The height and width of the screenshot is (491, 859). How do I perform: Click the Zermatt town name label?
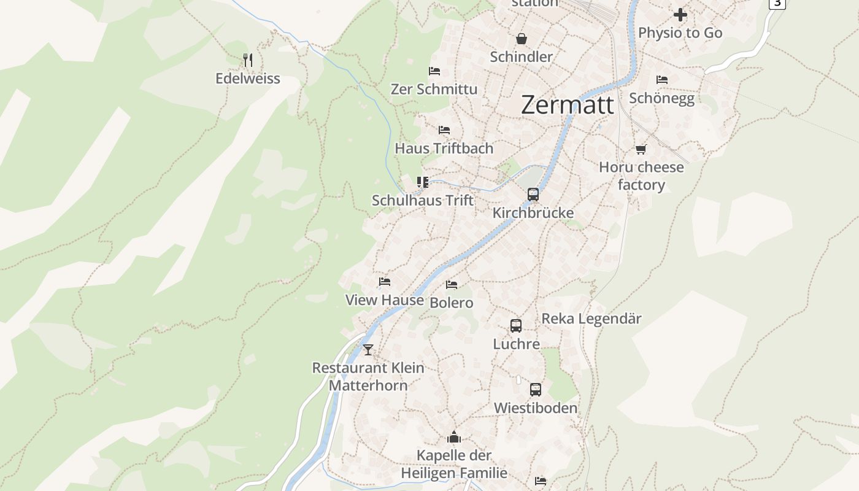click(x=567, y=105)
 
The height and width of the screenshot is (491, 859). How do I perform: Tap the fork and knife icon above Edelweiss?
click(x=248, y=60)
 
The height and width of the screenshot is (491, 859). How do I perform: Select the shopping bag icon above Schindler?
click(x=521, y=39)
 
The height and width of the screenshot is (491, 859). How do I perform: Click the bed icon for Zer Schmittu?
click(x=434, y=71)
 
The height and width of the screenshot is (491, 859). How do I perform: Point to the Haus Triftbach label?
click(x=444, y=149)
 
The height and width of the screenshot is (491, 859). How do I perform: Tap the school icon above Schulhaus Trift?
click(x=422, y=182)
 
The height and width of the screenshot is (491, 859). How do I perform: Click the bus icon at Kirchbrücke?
click(x=533, y=195)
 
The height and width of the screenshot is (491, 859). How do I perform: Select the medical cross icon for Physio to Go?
click(x=680, y=15)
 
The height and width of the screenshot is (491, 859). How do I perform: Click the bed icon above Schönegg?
click(x=661, y=80)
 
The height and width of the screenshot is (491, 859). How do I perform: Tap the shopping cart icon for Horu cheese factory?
click(x=641, y=149)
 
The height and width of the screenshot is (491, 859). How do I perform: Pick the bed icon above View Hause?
click(x=385, y=282)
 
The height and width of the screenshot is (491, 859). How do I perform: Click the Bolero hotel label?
click(x=452, y=303)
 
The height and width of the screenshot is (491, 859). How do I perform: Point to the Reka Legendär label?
click(x=591, y=319)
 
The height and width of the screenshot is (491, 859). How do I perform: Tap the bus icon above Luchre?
click(x=516, y=326)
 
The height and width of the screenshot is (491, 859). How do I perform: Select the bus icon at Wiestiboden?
click(x=536, y=390)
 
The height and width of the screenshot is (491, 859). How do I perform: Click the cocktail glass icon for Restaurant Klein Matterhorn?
click(x=368, y=350)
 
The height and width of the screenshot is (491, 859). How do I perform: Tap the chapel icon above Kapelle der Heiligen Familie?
click(x=454, y=437)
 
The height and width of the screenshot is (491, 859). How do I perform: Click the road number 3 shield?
click(x=777, y=3)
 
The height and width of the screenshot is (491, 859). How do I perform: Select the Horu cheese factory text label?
click(x=641, y=176)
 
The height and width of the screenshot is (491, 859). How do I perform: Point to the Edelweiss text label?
click(x=248, y=79)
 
